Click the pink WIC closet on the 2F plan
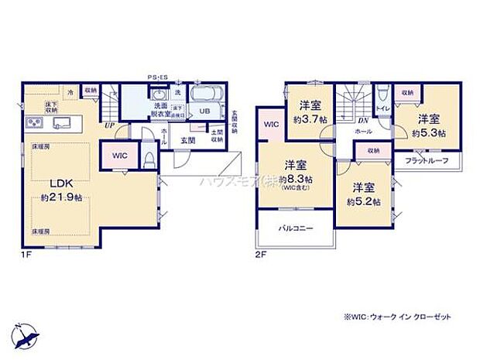coord(271,125)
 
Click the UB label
coord(204,110)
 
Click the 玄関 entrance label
coord(188,140)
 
